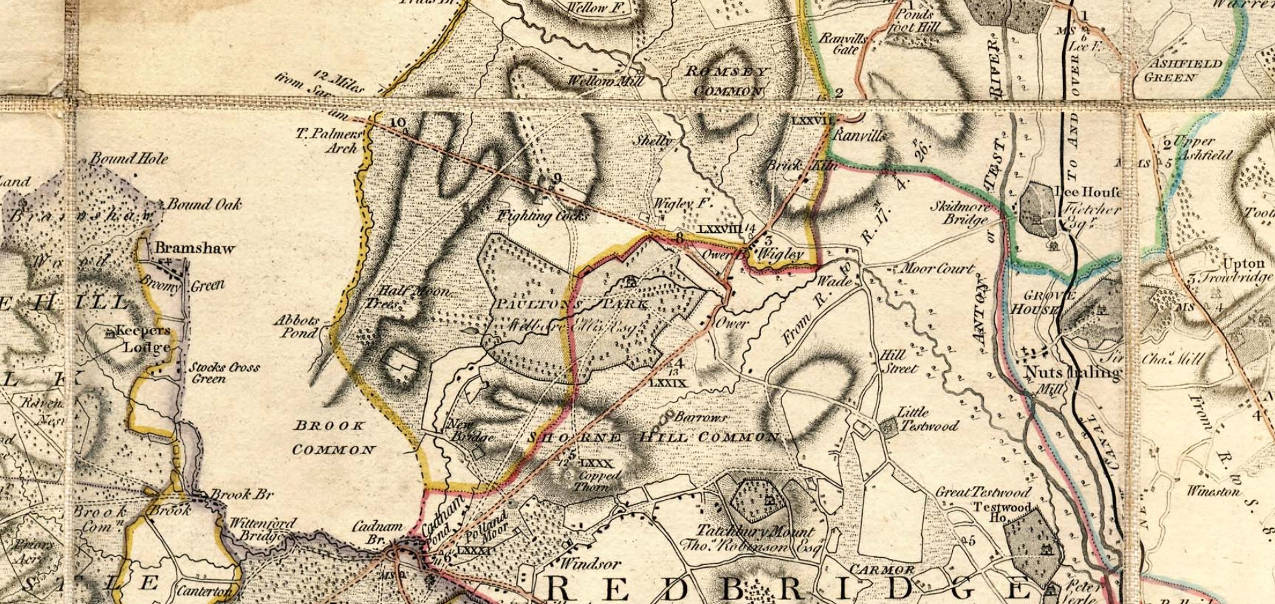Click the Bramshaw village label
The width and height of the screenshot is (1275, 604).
(195, 248)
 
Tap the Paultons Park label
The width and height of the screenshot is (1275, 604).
(571, 304)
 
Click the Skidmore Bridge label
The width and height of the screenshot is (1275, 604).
(959, 213)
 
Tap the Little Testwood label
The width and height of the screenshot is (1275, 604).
(929, 419)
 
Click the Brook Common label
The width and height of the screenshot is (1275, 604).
(332, 437)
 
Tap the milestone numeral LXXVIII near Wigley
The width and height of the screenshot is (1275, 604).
(720, 229)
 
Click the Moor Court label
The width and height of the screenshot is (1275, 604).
(936, 269)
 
